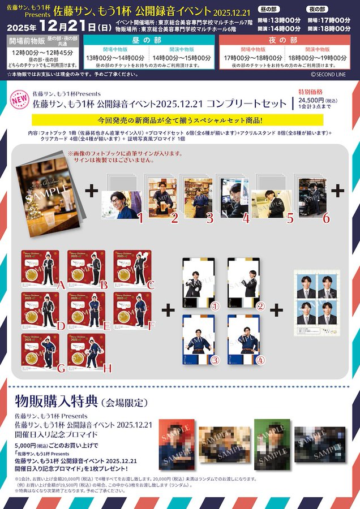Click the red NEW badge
[18, 100]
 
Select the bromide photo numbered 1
[121, 204]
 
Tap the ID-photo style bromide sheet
[317, 303]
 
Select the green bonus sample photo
[269, 444]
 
